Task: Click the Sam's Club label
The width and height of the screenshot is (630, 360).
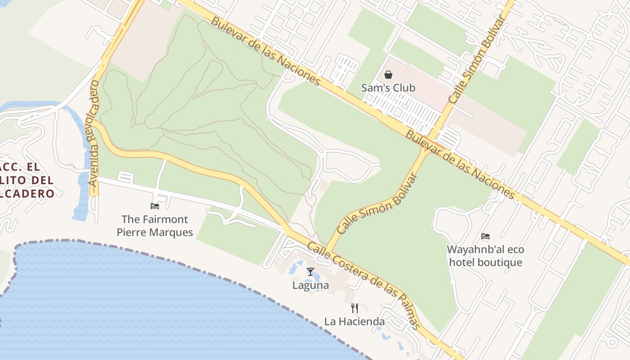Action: point(388,88)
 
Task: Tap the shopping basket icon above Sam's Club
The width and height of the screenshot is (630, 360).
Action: point(388,75)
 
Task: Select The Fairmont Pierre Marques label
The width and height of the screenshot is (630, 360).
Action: point(155,225)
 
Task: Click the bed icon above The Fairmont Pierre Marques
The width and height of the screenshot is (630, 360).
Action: point(155,206)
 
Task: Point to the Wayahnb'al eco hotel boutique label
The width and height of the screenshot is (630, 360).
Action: point(485,256)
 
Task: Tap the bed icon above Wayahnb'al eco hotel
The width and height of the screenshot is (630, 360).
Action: point(485,236)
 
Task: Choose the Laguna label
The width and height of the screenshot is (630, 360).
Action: point(310,285)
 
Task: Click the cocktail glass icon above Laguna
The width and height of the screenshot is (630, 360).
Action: point(310,271)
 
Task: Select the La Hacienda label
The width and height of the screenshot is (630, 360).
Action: point(355,321)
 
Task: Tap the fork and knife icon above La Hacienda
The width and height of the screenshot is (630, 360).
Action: point(355,308)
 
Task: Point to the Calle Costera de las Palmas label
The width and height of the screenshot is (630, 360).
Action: point(364,286)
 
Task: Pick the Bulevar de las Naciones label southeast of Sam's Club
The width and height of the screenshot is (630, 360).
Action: point(460,164)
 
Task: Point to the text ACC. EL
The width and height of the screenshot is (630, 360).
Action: point(20,167)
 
